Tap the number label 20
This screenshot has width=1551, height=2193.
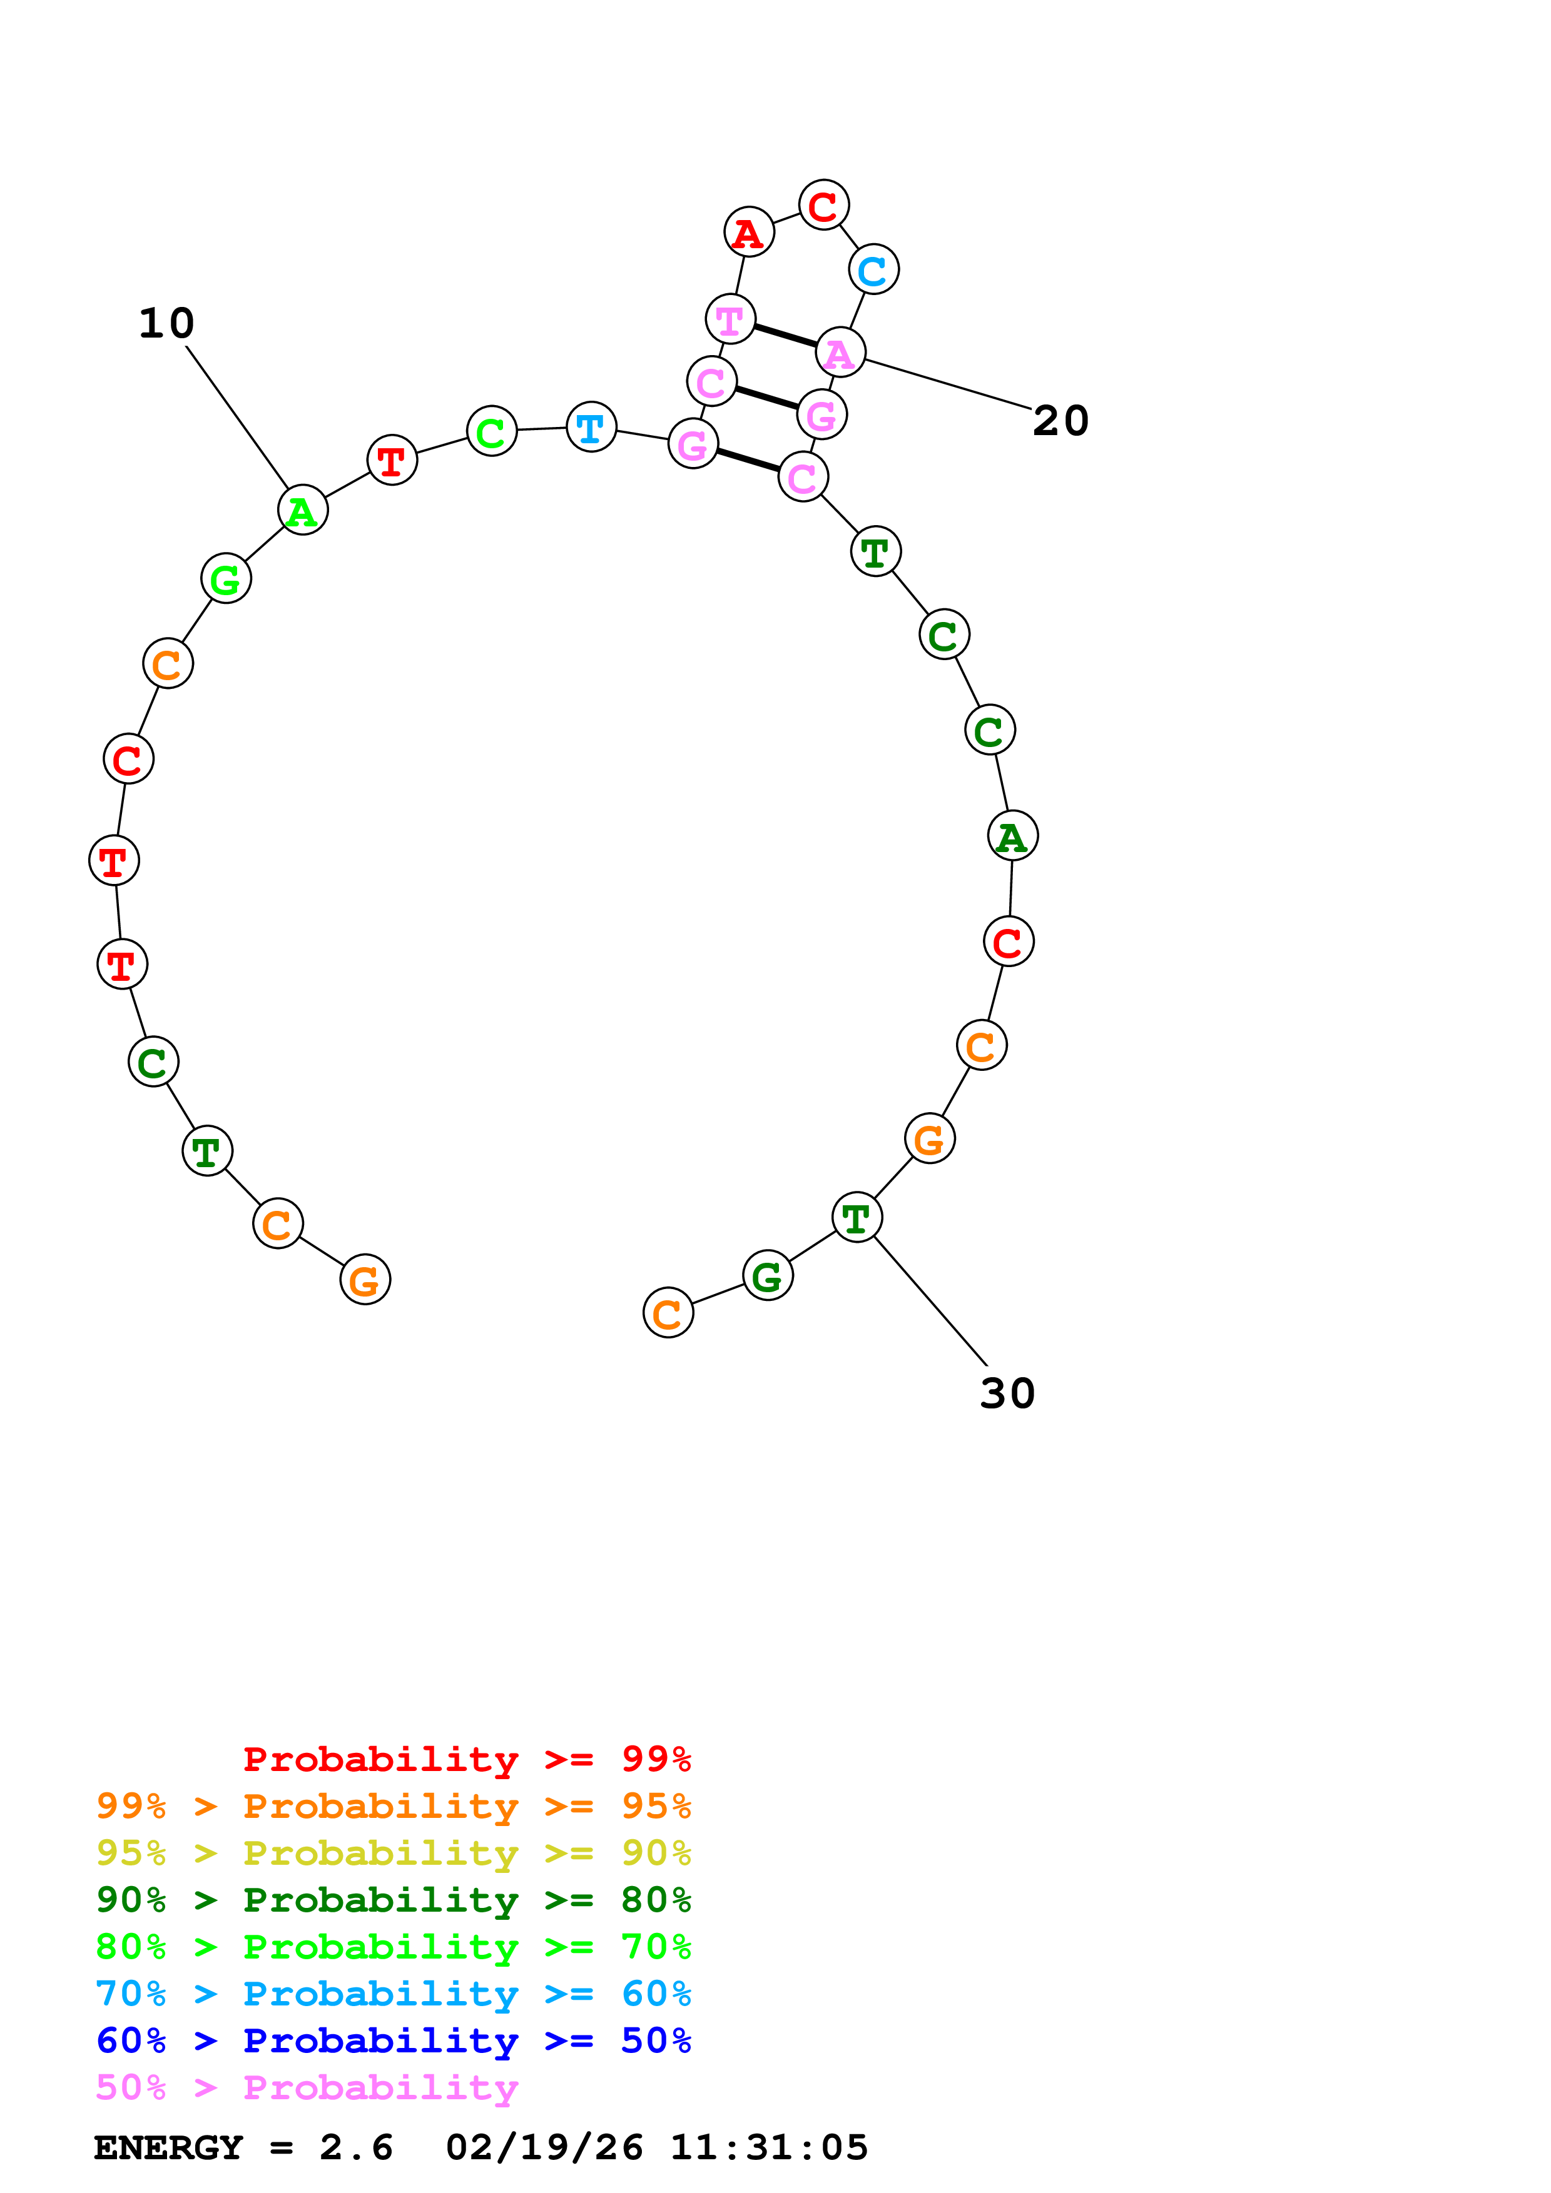[x=1060, y=421]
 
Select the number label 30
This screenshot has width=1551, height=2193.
[x=1007, y=1393]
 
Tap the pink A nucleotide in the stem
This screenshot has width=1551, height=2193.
[x=840, y=353]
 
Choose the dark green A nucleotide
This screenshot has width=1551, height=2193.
[x=1012, y=836]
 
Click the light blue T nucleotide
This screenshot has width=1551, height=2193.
[x=591, y=427]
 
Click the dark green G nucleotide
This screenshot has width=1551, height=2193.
[x=768, y=1275]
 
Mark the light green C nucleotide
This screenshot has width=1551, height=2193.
[x=491, y=432]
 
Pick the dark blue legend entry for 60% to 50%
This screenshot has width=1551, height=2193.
[x=393, y=2040]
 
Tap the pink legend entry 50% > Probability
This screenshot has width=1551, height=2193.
[x=307, y=2087]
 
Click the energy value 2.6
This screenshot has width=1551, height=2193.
[x=355, y=2147]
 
